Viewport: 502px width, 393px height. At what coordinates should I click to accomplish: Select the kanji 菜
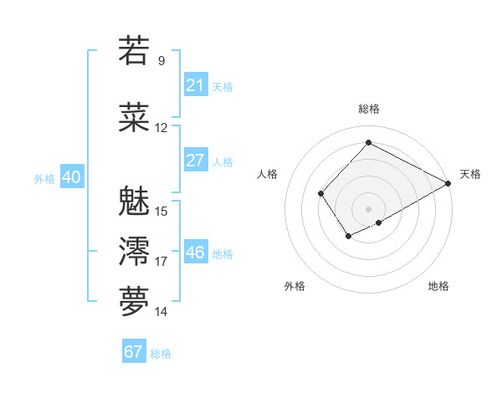(x=135, y=118)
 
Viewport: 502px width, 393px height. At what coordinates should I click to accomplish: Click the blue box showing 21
(x=195, y=85)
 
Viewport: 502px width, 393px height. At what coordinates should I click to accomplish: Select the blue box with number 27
(x=195, y=161)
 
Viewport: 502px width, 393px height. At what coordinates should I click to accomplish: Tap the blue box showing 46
(x=195, y=253)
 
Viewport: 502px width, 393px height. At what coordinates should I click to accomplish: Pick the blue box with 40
(x=71, y=177)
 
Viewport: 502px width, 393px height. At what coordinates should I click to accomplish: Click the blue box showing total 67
(x=134, y=352)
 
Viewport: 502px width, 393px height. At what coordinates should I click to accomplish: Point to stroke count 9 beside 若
(x=161, y=60)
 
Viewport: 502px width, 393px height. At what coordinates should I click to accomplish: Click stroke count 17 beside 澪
(x=161, y=262)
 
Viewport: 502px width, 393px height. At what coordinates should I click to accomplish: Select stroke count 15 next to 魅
(x=161, y=211)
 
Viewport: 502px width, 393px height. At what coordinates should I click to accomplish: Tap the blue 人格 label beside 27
(x=223, y=161)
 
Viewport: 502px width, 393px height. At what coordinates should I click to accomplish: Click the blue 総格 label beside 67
(x=161, y=353)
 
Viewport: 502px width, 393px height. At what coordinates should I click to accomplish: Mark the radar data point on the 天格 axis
(x=448, y=184)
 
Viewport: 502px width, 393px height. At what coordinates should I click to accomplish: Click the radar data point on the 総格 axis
(x=368, y=142)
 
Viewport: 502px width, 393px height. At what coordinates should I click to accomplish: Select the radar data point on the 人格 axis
(x=320, y=194)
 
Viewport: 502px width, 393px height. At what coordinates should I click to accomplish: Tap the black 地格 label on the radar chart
(x=438, y=286)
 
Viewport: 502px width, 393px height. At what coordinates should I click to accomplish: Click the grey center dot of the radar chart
(x=368, y=208)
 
